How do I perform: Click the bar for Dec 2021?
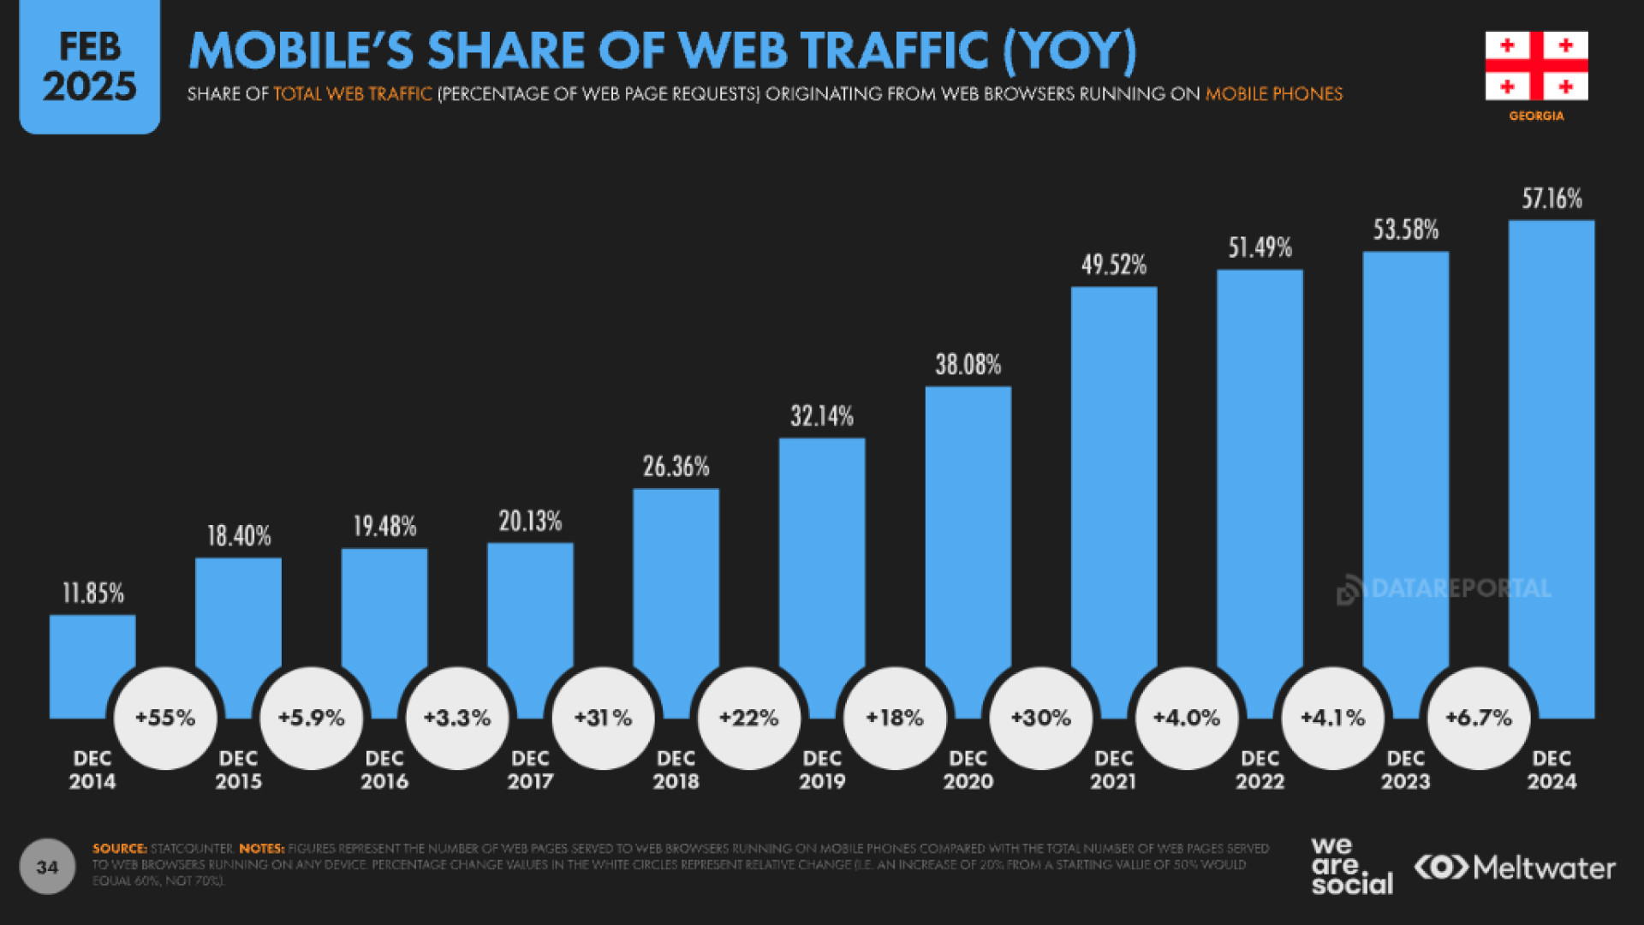1113,480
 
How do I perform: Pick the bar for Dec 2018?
676,582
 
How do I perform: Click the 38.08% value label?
968,365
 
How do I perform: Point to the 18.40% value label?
239,536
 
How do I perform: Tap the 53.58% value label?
1406,230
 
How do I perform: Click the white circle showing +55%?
165,718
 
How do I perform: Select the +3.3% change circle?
457,718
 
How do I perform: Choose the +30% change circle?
1041,718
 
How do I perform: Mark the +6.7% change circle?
1479,718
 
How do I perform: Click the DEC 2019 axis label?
822,770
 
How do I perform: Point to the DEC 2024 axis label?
1552,770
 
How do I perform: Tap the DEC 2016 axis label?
384,770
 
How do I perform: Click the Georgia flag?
1536,66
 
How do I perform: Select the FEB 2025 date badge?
89,68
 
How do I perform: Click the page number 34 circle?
47,867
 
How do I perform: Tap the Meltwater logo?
1515,868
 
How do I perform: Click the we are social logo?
1351,867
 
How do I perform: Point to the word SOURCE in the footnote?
120,849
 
